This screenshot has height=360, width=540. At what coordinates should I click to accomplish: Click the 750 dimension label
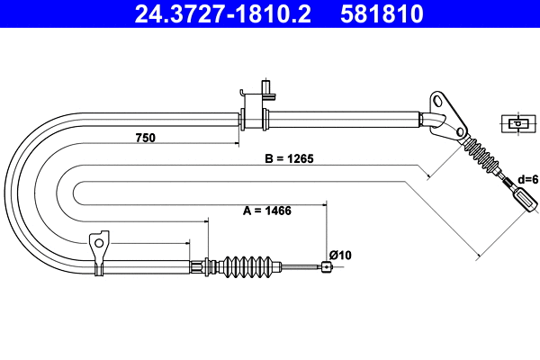click(146, 138)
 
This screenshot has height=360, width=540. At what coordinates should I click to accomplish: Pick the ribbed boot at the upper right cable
click(484, 160)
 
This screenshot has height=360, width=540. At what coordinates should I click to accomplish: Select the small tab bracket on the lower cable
click(99, 247)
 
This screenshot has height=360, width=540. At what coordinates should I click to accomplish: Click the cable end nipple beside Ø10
click(326, 265)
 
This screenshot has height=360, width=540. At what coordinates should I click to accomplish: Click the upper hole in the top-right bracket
click(436, 97)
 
